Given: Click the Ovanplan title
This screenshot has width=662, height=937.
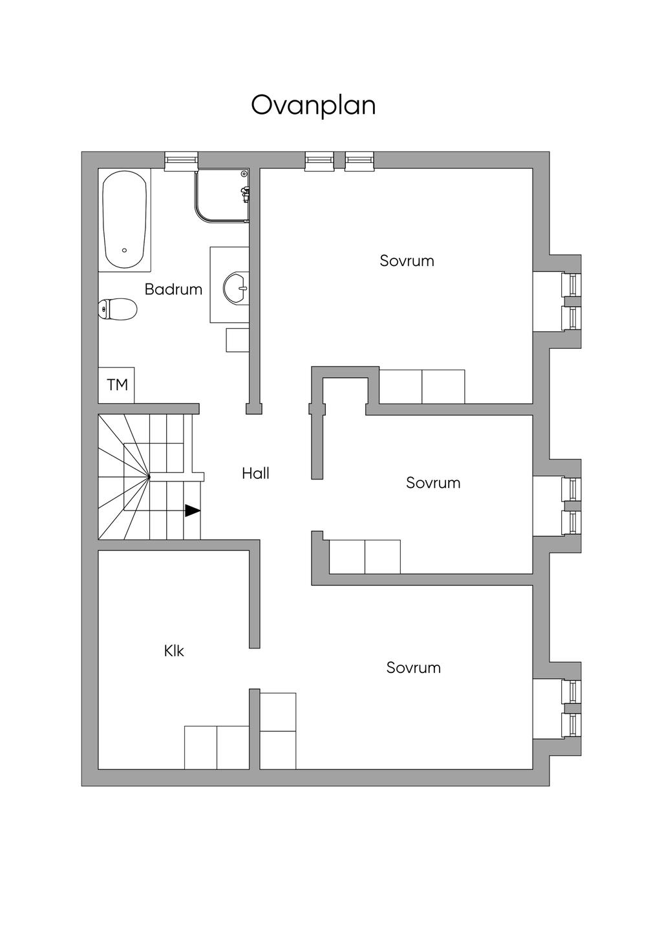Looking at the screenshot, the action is tap(313, 105).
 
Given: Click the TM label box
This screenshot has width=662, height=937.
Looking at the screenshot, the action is tap(117, 385).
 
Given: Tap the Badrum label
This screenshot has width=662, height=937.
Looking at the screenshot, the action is tap(173, 289).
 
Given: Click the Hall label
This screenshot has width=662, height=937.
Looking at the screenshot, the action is tap(255, 473).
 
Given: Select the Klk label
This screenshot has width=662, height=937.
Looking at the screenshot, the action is tap(174, 650).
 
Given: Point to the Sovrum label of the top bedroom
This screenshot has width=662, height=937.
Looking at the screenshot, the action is tap(407, 261).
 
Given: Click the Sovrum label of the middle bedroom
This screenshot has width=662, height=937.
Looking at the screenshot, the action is tap(433, 483).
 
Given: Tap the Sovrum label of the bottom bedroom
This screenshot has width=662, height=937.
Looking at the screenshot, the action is tap(413, 667).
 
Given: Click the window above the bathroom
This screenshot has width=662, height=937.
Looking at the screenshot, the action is tap(181, 160).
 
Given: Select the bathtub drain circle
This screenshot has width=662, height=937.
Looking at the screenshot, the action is tap(124, 250).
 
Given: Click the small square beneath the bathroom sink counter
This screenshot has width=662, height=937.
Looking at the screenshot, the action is tap(237, 340).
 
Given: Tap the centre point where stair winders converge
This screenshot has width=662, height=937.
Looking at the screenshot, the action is tap(149, 478).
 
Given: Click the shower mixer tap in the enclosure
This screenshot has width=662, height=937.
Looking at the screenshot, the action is tap(244, 192).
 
